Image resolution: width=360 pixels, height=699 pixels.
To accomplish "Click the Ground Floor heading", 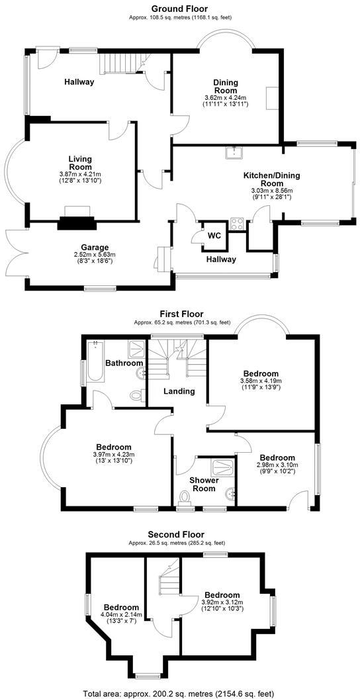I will [180, 9].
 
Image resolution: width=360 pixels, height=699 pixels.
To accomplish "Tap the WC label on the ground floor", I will [214, 236].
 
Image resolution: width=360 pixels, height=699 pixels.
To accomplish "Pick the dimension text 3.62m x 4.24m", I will [225, 99].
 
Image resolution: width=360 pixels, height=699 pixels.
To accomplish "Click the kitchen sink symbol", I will [233, 154].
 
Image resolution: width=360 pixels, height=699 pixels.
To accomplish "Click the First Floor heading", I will [181, 314].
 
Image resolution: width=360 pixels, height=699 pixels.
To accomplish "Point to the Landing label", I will [179, 391].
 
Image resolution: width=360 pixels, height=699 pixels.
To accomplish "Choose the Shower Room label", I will [204, 485].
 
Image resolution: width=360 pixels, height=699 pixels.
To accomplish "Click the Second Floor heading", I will [176, 534].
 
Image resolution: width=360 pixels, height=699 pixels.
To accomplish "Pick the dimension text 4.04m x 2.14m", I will [121, 615].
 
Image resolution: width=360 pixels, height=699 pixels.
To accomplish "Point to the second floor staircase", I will [167, 582].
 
